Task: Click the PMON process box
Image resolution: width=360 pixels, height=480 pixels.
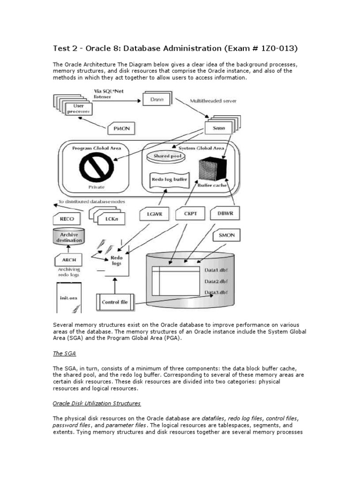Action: (x=123, y=128)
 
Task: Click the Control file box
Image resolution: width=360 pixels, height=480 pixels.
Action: (x=115, y=302)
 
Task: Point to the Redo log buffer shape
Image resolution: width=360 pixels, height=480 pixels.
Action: (x=169, y=180)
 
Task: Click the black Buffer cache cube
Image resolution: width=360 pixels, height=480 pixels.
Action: (x=211, y=169)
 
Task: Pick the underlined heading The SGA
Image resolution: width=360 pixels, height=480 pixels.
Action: (x=63, y=354)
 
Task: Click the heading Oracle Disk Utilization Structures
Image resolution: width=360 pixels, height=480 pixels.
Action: (x=97, y=403)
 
